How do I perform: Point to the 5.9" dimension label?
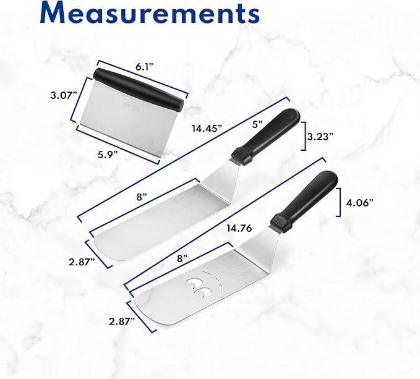(108, 155)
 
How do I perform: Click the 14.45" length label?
(207, 129)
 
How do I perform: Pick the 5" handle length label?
(258, 125)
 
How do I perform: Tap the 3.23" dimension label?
(320, 137)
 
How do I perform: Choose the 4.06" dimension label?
(360, 203)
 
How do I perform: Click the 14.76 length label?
(239, 228)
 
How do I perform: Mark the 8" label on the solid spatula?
(142, 197)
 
